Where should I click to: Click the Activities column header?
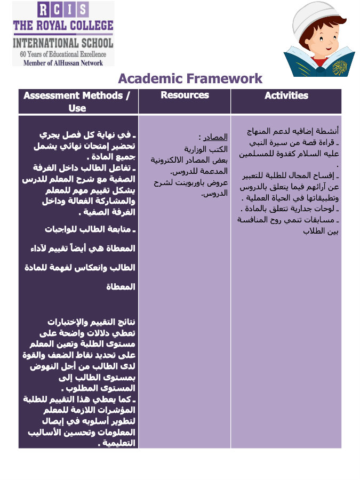point(286,95)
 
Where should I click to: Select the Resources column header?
point(185,95)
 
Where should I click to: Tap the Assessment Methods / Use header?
point(77,101)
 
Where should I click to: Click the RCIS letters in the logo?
point(63,9)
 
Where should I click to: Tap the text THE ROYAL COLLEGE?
point(63,25)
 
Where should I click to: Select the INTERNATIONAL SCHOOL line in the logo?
point(63,43)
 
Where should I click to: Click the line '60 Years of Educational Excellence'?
point(63,54)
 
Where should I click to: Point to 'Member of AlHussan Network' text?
point(63,62)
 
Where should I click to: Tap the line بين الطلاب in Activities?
point(321,231)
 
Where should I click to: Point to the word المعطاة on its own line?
point(121,287)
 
